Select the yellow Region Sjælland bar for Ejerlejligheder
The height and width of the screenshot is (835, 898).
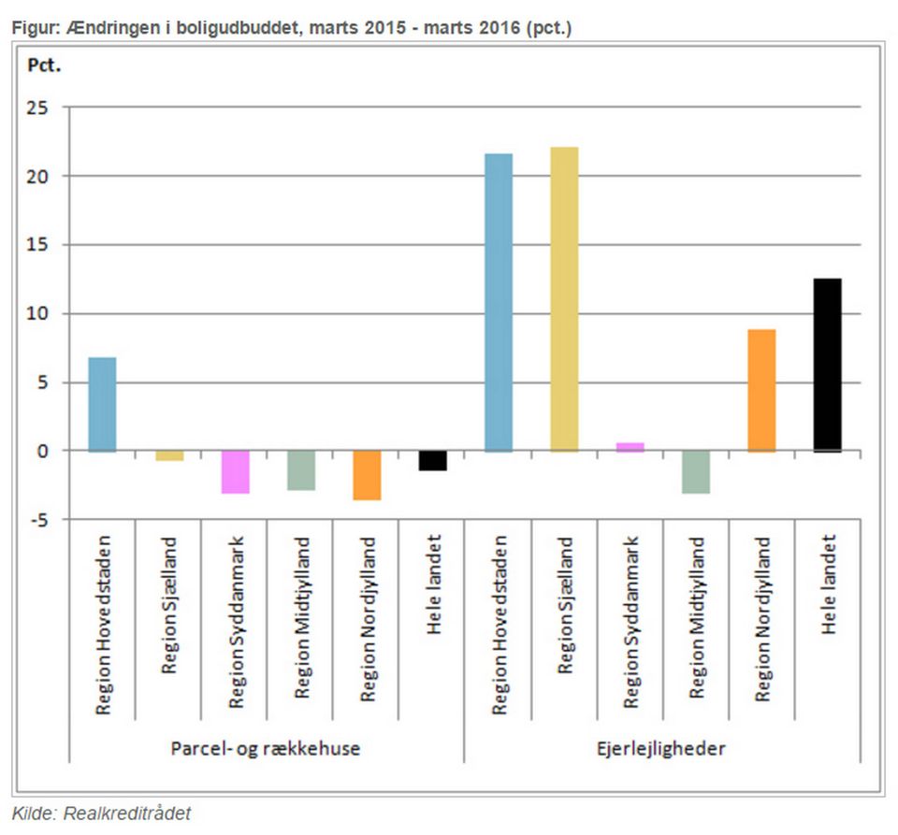[x=564, y=299]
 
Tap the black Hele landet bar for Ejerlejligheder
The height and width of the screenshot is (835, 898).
[x=827, y=365]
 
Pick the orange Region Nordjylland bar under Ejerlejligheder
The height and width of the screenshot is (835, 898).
[x=761, y=390]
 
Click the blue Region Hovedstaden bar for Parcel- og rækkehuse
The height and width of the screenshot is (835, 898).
[x=102, y=404]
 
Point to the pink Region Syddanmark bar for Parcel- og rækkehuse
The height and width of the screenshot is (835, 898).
[x=235, y=471]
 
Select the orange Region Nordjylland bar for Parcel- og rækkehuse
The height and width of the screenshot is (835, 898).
[x=367, y=475]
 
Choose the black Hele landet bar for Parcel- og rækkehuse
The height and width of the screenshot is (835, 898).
[x=432, y=460]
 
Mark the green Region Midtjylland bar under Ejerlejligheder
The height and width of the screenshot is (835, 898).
[x=696, y=471]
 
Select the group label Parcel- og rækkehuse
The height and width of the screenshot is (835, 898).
[x=266, y=748]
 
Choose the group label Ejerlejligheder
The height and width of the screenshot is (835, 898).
[x=661, y=748]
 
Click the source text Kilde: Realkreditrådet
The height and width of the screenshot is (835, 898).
[x=101, y=813]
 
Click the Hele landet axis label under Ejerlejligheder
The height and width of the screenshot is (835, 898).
[x=827, y=585]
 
